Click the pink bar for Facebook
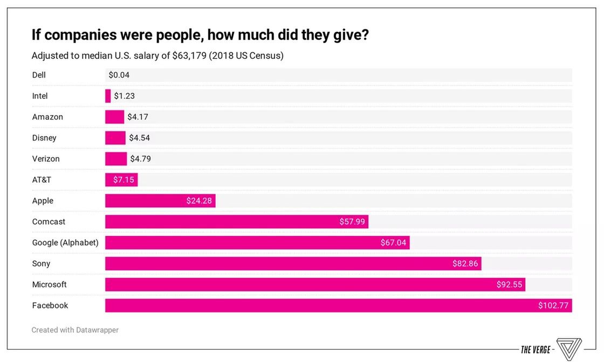coord(324,305)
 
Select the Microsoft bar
coord(302,284)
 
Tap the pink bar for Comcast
coord(226,221)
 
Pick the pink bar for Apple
coord(146,201)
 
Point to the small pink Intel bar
coord(108,96)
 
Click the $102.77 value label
coord(553,305)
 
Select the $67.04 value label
coord(393,242)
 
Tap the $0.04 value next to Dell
coord(119,75)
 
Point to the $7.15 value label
coord(123,179)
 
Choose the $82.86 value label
coord(465,263)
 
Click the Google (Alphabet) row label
coord(65,242)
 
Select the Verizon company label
coord(46,159)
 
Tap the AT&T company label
coord(42,179)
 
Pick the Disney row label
coord(44,138)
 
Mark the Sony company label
coord(41,263)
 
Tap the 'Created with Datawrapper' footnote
coord(75,330)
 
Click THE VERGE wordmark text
coord(536,350)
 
